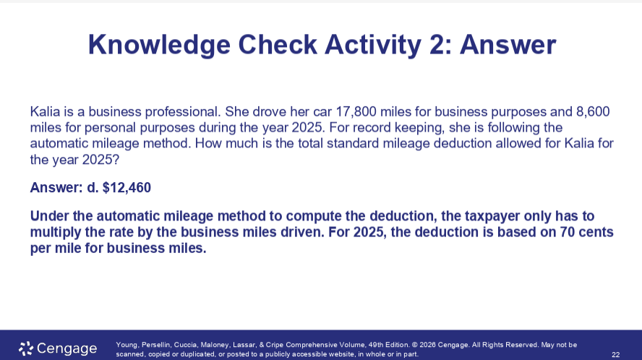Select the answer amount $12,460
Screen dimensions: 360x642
pyautogui.click(x=127, y=188)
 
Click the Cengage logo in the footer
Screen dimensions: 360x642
pyautogui.click(x=58, y=348)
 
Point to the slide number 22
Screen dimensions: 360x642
pyautogui.click(x=615, y=354)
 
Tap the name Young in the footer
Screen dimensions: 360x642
pyautogui.click(x=127, y=345)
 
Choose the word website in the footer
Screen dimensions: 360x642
pyautogui.click(x=321, y=354)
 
